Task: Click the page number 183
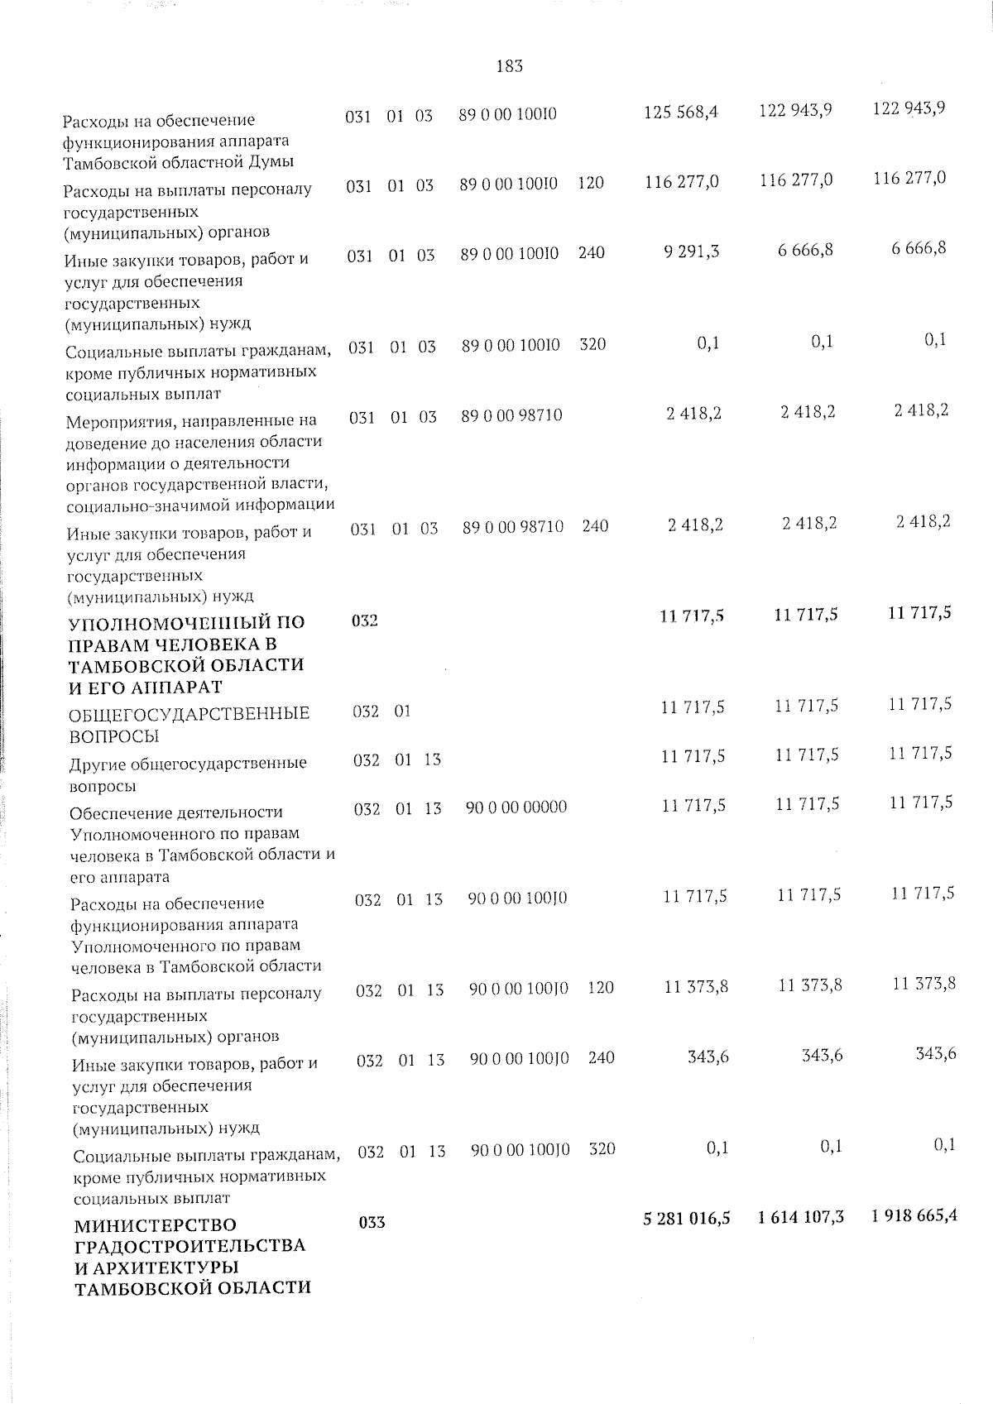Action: pos(509,66)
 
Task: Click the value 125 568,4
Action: pos(680,112)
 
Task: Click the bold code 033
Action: pos(372,1222)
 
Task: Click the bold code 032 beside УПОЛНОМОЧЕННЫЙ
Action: pos(365,621)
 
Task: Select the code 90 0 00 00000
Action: pos(516,807)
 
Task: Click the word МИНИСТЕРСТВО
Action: pos(156,1224)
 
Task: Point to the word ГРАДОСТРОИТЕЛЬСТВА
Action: pos(190,1246)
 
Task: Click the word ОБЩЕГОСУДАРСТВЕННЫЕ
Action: pos(189,713)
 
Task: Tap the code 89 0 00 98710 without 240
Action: pos(511,415)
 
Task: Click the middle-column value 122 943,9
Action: pos(795,110)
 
